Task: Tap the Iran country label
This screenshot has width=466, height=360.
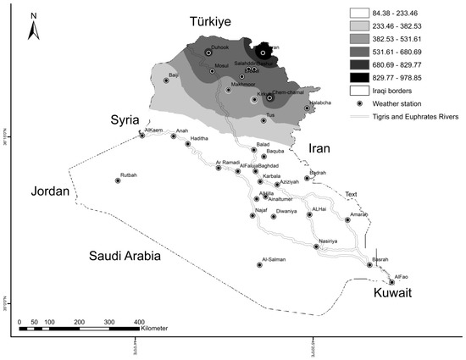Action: (317, 147)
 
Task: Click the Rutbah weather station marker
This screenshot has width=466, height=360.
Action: (117, 180)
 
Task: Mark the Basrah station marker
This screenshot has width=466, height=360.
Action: (369, 264)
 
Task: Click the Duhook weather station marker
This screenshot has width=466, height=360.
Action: (208, 53)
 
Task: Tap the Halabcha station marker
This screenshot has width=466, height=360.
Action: (307, 108)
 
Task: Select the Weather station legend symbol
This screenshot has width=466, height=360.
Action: (360, 102)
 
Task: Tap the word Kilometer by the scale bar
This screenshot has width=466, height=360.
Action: (164, 328)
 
